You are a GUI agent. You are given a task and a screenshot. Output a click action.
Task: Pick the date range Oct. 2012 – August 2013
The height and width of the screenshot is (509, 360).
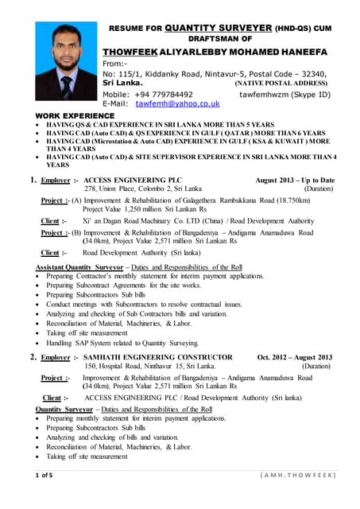coord(295,358)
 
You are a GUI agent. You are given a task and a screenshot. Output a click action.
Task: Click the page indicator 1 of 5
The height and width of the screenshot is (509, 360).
coord(41,476)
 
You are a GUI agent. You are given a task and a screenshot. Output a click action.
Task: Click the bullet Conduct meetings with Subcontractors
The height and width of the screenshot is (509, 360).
coord(143,305)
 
